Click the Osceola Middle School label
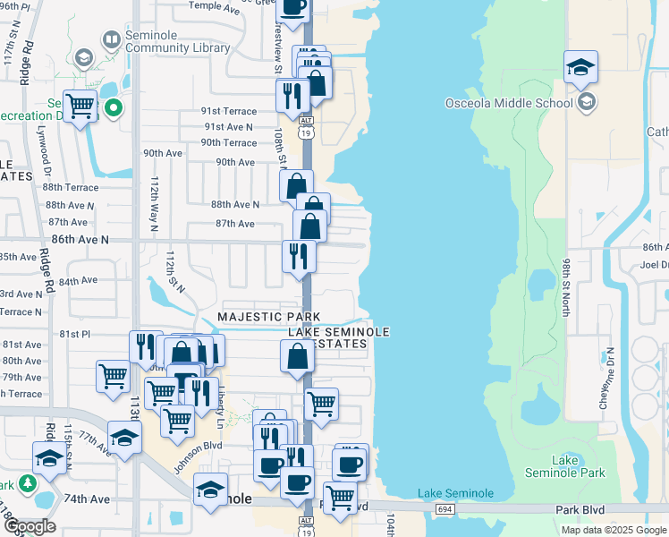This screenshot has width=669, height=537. click(509, 103)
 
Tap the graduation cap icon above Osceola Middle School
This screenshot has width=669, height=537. click(580, 67)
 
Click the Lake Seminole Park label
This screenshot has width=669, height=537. click(578, 466)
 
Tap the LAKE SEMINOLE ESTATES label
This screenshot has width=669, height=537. click(339, 338)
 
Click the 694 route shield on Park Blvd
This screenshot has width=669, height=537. click(445, 509)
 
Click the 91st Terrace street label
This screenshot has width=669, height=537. click(228, 111)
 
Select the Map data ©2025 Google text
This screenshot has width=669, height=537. click(614, 530)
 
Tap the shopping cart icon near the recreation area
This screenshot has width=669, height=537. click(80, 107)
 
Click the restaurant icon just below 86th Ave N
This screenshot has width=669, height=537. click(299, 256)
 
